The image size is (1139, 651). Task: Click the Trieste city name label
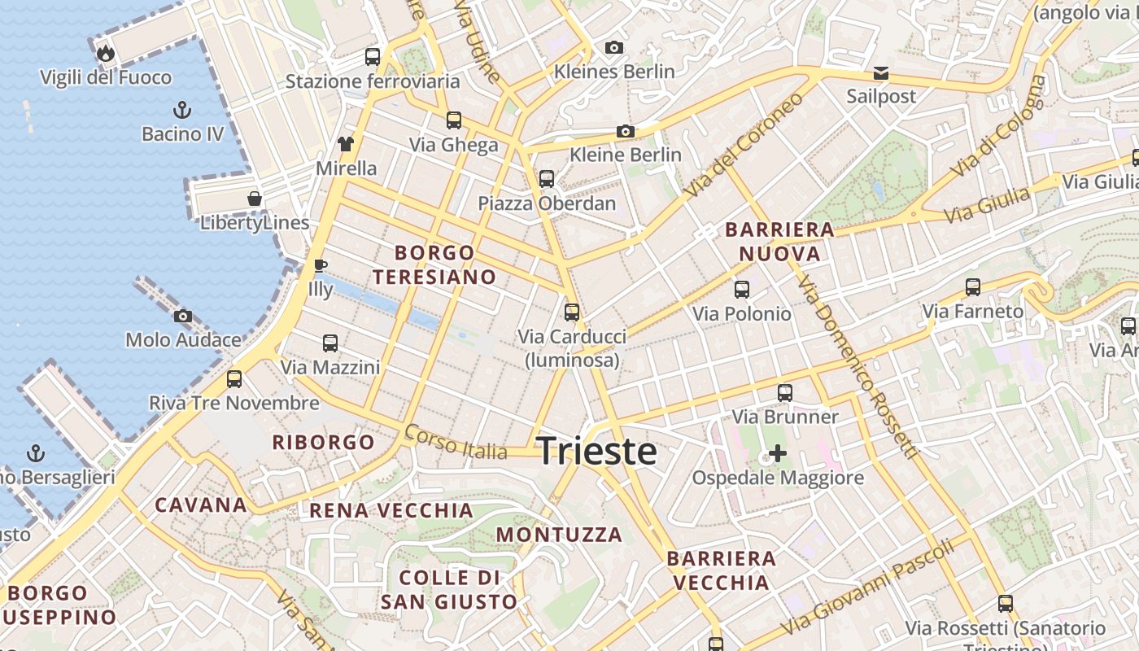coord(596,451)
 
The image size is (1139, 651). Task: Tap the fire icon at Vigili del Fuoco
coord(105,54)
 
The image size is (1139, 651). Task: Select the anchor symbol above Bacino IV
coord(182,109)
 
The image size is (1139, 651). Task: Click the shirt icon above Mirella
coord(346,144)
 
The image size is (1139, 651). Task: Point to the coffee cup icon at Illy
coord(321,265)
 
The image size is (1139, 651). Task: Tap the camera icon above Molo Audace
coord(183,316)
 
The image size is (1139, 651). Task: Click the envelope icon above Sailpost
coord(880,73)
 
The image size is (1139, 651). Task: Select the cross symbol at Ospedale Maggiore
coord(778,452)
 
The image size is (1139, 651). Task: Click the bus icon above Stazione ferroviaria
coord(372,57)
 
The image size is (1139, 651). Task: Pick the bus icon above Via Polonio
coord(741,289)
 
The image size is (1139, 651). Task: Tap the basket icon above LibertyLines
coord(255,199)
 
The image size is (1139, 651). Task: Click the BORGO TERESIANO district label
coord(434,264)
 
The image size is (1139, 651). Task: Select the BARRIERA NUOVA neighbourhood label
coord(779,242)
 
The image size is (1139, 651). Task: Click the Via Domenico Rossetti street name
coord(858,366)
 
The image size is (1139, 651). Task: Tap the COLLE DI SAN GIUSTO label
coord(449,590)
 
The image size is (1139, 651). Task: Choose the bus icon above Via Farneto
coord(972,286)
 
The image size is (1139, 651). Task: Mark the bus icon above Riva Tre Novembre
coord(234,378)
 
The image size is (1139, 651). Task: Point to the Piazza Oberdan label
coord(547,203)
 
